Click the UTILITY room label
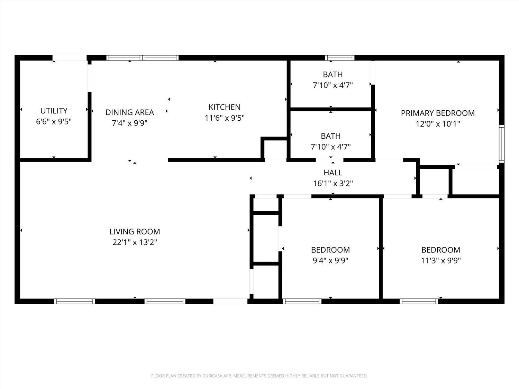click(54, 111)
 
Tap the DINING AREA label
click(129, 112)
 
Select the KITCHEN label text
click(225, 107)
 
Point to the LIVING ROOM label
click(135, 232)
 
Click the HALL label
click(333, 173)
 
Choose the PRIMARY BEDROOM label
click(438, 113)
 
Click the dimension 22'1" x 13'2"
click(135, 242)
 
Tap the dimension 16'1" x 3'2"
click(333, 184)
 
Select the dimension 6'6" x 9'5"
click(54, 122)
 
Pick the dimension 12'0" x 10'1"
click(438, 124)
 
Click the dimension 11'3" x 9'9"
click(441, 260)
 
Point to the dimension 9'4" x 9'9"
click(330, 260)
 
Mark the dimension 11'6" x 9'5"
click(225, 118)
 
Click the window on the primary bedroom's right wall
click(501, 144)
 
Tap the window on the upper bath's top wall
click(339, 58)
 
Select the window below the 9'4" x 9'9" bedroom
click(302, 302)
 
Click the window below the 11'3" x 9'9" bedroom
click(419, 302)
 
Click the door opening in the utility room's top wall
click(70, 58)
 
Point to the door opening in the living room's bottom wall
click(230, 302)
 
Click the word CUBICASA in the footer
click(212, 376)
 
